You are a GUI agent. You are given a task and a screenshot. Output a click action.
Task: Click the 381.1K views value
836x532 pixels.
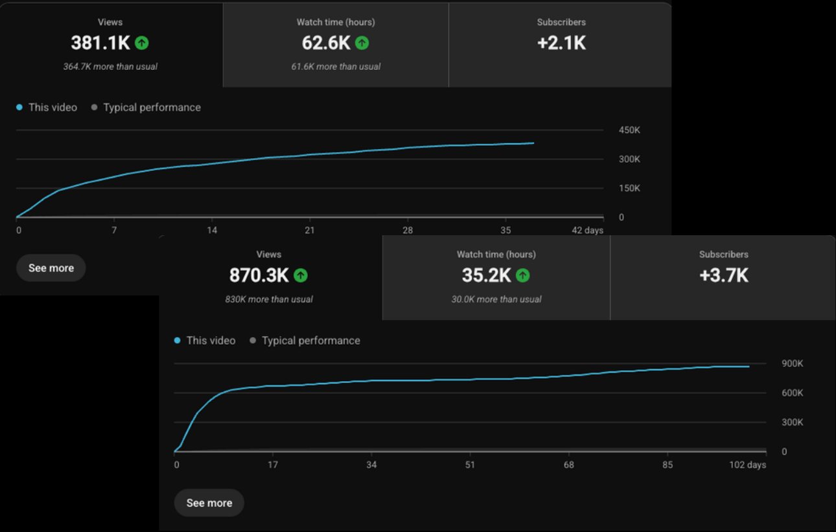pos(100,43)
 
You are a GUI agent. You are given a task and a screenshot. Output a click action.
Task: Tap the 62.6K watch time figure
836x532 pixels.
pos(326,43)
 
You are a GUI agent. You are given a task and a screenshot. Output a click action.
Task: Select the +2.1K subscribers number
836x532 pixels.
pos(561,43)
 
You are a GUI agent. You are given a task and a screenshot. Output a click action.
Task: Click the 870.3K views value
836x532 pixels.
pos(259,275)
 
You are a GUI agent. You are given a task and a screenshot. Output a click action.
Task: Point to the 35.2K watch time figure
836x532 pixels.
pos(486,275)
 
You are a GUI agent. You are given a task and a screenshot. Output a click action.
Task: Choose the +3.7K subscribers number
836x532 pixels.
pos(724,275)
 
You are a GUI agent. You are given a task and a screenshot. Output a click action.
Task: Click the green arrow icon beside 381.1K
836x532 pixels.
pos(142,43)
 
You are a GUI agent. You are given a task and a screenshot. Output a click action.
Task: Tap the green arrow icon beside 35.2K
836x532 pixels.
pos(522,275)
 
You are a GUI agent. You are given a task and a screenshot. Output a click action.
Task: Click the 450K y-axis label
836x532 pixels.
pos(629,130)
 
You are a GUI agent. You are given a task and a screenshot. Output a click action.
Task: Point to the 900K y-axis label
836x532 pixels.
pos(793,364)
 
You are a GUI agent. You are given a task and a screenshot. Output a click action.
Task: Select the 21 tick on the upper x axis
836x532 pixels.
pos(309,230)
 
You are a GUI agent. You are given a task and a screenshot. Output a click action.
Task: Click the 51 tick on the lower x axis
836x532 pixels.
pos(470,465)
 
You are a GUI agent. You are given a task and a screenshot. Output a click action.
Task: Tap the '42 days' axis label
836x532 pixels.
pos(587,230)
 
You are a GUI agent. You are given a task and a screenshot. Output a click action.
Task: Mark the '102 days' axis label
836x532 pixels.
pos(748,465)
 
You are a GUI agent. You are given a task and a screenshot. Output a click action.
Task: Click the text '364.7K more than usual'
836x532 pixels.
pos(110,67)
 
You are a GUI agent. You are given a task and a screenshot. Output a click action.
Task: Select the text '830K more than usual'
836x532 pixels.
pos(269,299)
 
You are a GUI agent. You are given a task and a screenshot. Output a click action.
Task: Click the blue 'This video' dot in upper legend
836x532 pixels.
pos(19,108)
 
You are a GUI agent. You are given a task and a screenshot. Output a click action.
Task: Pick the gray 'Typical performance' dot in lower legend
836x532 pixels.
pos(253,340)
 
